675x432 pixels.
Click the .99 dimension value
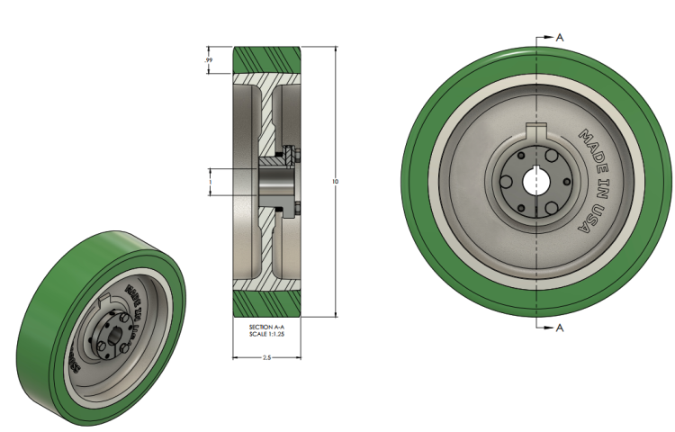209,60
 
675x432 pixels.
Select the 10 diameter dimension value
335,181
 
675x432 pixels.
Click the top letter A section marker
560,37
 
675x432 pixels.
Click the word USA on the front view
590,220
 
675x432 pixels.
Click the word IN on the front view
598,187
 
